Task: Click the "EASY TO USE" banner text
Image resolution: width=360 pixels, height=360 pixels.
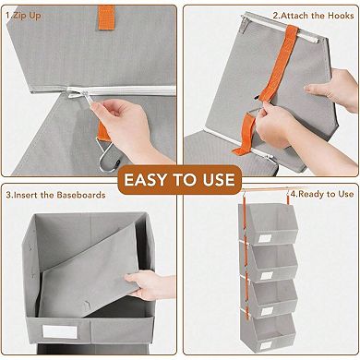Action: coord(180,179)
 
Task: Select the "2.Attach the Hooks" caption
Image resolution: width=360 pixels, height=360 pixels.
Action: coord(312,16)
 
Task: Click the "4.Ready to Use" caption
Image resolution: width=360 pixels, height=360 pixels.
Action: coord(323,195)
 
